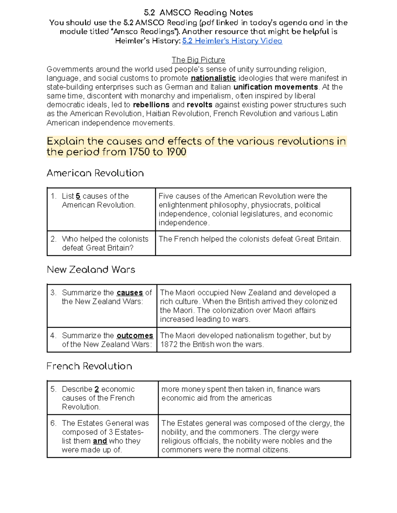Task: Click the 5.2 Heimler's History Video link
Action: tap(232, 41)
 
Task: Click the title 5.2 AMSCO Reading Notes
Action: tap(198, 13)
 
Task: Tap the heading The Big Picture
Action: tap(198, 60)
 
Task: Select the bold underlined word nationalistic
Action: tap(213, 78)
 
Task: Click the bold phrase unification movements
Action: tap(276, 87)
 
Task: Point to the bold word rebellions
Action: tap(151, 105)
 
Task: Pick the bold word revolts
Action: tap(199, 105)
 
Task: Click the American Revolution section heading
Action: tap(95, 173)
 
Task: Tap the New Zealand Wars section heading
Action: tap(91, 270)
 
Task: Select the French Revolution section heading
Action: tap(89, 366)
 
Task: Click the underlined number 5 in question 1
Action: tap(78, 196)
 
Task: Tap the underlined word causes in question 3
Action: tap(130, 293)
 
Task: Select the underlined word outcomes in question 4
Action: tap(135, 336)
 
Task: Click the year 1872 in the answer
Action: tap(169, 345)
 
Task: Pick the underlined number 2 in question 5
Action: tap(97, 389)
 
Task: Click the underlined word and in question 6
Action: tap(100, 441)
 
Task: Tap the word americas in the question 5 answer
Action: tap(256, 398)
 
